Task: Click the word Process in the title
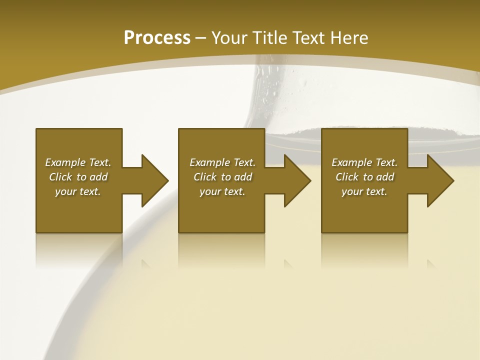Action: tap(157, 38)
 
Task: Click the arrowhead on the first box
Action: tap(154, 180)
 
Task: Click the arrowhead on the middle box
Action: tap(297, 180)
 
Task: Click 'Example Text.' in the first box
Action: tap(78, 162)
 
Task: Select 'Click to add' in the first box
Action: tap(78, 177)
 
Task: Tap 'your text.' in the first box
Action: tap(78, 191)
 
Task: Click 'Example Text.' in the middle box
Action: tap(222, 162)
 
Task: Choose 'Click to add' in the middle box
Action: tap(222, 177)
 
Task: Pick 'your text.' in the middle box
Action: tap(222, 191)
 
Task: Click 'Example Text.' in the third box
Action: tap(364, 162)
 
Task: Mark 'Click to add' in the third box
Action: tap(364, 177)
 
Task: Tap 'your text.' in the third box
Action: tap(364, 191)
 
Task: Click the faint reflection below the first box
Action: tap(78, 250)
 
